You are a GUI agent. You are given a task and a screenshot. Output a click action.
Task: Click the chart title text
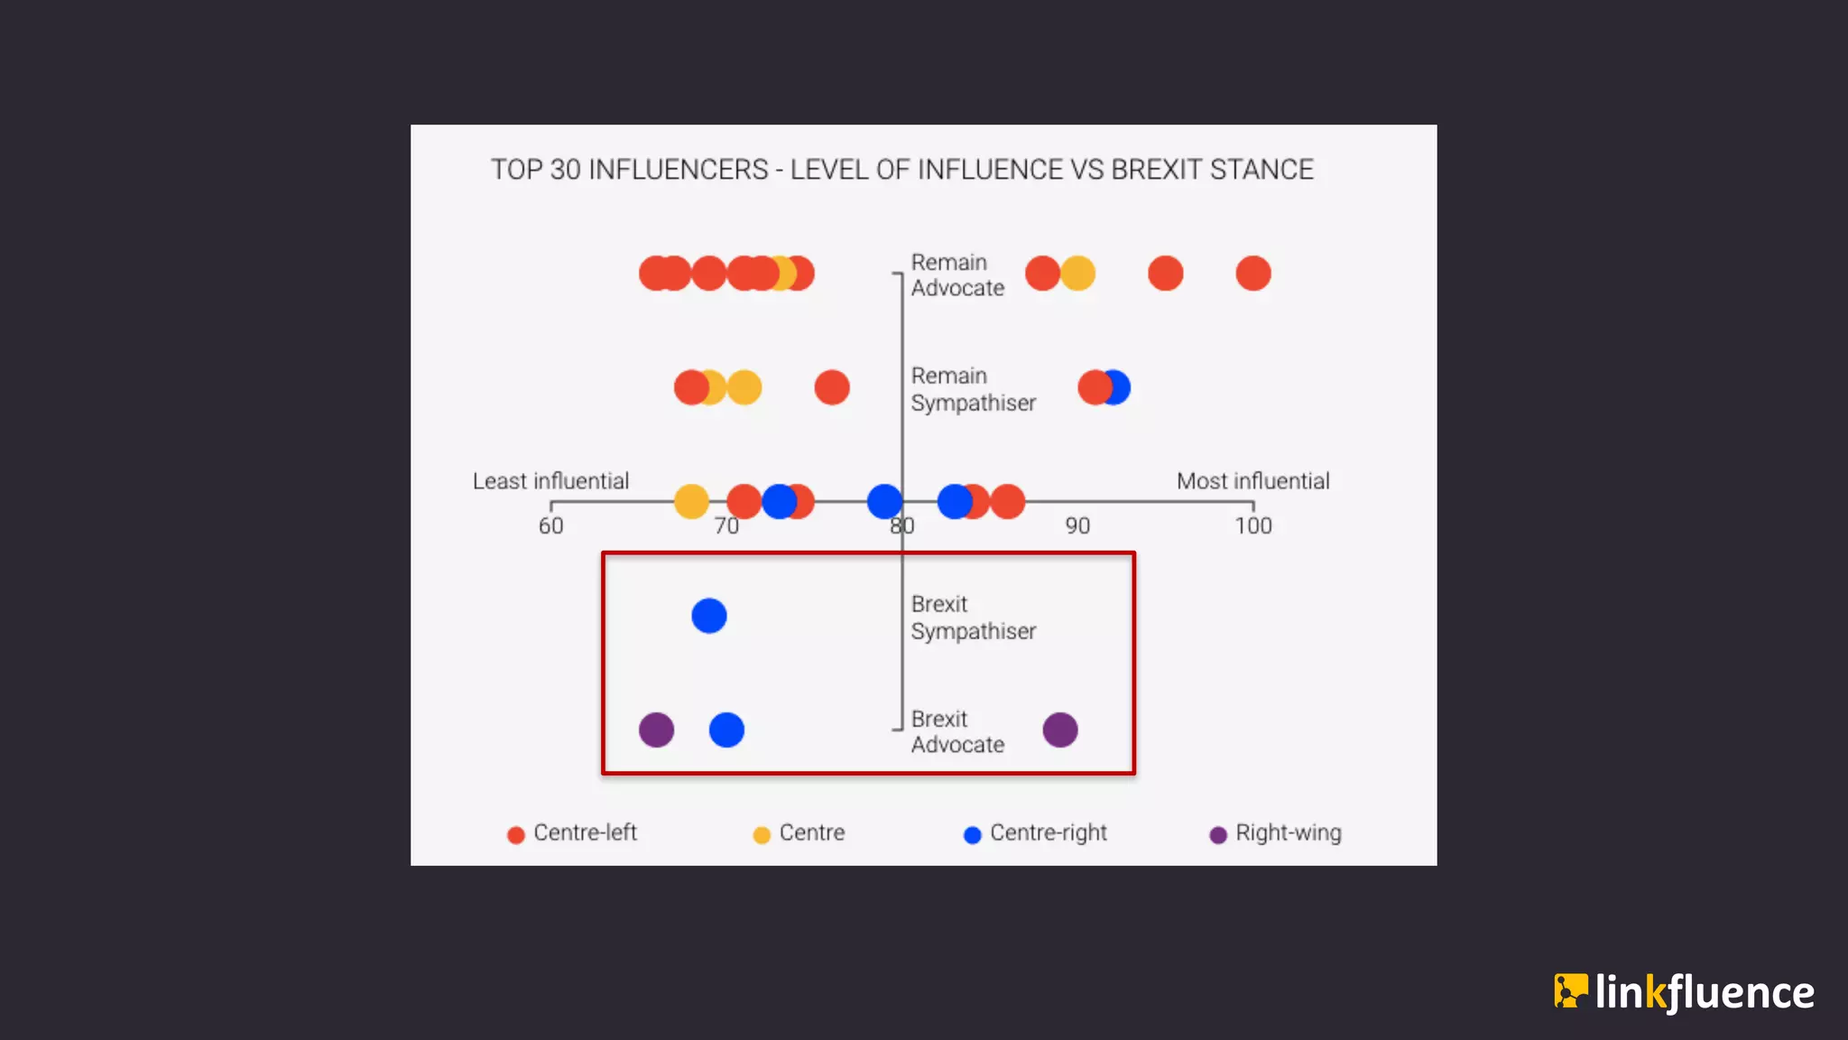pyautogui.click(x=901, y=170)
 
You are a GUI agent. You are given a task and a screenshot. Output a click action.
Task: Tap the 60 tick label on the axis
pyautogui.click(x=550, y=526)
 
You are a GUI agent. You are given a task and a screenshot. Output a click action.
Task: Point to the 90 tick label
pyautogui.click(x=1077, y=526)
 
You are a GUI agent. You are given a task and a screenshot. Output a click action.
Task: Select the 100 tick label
pyautogui.click(x=1252, y=526)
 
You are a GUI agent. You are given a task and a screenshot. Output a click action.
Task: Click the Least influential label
pyautogui.click(x=550, y=481)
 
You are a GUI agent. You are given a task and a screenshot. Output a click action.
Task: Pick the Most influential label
pyautogui.click(x=1252, y=481)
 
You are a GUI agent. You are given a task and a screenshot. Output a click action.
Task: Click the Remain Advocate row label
pyautogui.click(x=956, y=274)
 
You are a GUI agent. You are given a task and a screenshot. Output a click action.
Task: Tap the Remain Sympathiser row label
pyautogui.click(x=973, y=389)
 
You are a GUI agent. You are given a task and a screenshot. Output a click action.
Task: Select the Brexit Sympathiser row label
pyautogui.click(x=973, y=617)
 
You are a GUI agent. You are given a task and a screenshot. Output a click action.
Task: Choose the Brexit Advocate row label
pyautogui.click(x=956, y=731)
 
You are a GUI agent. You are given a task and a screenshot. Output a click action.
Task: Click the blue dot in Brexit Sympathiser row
pyautogui.click(x=709, y=616)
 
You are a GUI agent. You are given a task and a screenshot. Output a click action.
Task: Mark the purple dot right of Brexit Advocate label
pyautogui.click(x=1060, y=729)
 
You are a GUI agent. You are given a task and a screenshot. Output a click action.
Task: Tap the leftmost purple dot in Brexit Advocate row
pyautogui.click(x=656, y=729)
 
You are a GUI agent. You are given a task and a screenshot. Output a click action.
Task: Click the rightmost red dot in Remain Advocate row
pyautogui.click(x=1253, y=274)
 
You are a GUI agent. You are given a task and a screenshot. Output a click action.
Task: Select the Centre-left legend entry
pyautogui.click(x=573, y=833)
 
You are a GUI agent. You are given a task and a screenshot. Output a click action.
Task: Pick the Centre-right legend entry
pyautogui.click(x=1036, y=833)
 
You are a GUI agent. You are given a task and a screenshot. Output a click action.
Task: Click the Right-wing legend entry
pyautogui.click(x=1276, y=833)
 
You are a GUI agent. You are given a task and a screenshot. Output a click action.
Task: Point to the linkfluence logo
pyautogui.click(x=1684, y=992)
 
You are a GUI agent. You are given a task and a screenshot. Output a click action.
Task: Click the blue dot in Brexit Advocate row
pyautogui.click(x=726, y=729)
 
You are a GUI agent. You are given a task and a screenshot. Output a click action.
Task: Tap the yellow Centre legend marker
pyautogui.click(x=762, y=835)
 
